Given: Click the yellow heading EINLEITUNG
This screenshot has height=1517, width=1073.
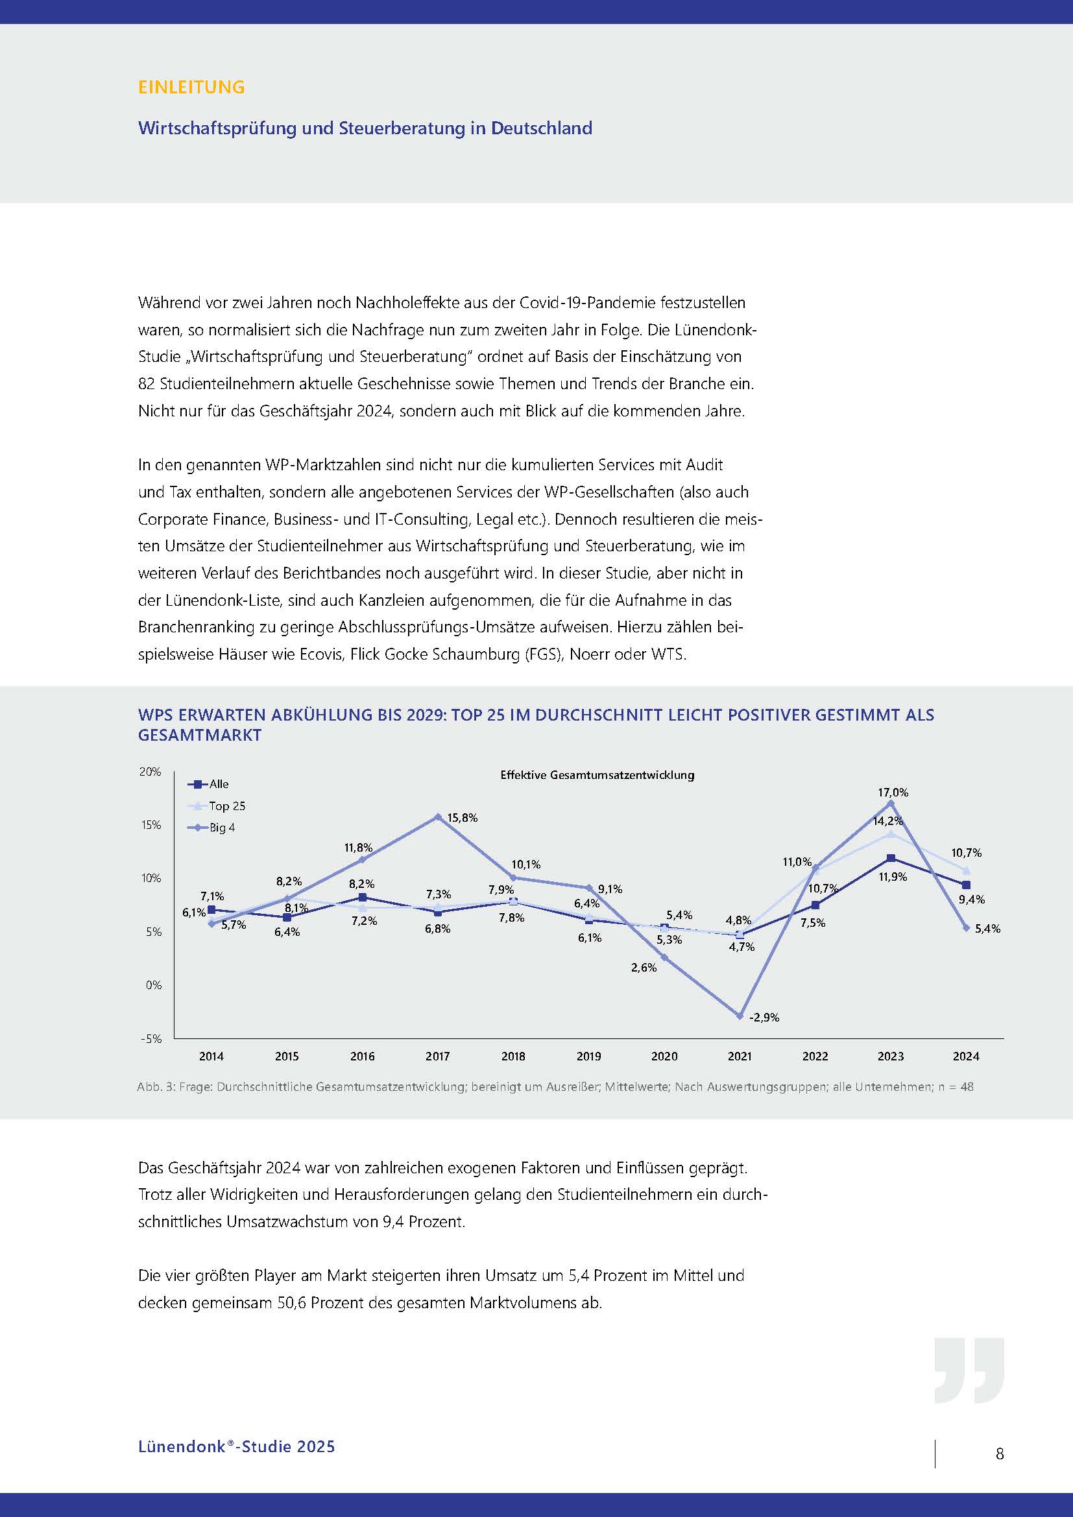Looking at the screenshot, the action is point(191,86).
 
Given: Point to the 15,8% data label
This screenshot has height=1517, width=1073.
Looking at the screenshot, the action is point(463,818).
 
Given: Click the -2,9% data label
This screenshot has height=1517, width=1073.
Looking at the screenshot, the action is point(764,1018).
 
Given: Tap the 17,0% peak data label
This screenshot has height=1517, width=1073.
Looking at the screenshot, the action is point(893,792).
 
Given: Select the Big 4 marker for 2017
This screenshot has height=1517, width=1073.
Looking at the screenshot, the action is point(437,817).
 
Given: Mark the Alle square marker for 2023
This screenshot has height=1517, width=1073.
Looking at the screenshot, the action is point(891,858).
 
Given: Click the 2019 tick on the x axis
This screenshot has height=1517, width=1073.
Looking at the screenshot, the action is point(588,1057).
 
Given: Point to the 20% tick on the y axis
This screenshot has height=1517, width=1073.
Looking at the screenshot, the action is point(150,772).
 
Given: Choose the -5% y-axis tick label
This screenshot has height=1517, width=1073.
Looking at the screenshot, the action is point(151,1038).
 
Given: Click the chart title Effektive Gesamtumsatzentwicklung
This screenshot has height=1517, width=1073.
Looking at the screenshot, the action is point(597,775).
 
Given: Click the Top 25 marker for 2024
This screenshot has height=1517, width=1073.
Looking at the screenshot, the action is point(966,871).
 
